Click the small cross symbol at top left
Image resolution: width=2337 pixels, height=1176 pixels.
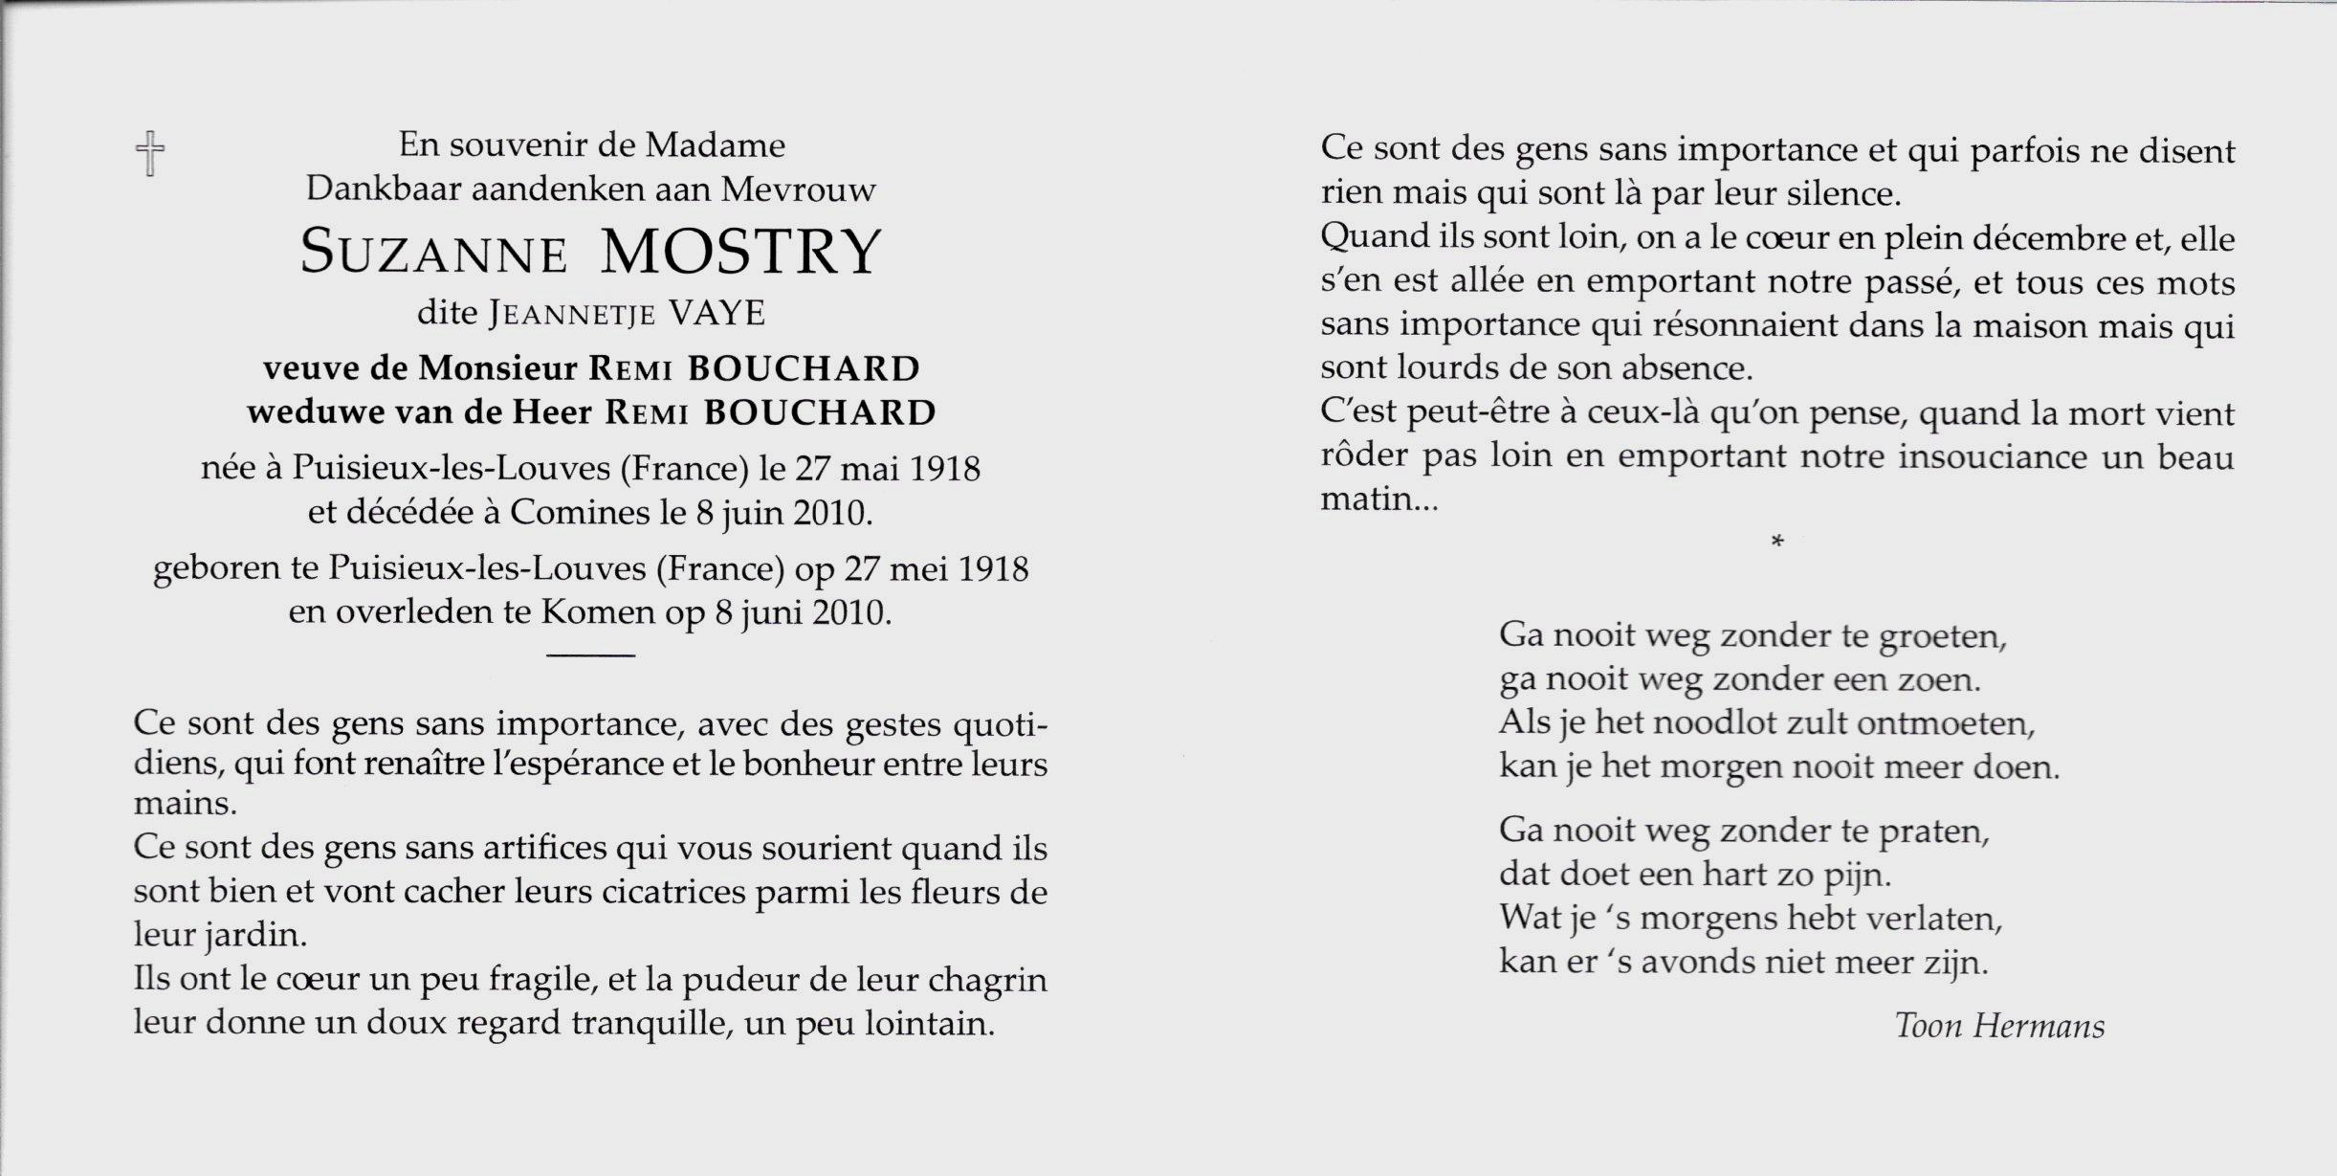click(150, 153)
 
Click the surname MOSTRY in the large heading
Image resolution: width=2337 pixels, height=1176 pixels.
click(739, 253)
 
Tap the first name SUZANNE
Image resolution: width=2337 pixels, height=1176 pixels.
click(434, 255)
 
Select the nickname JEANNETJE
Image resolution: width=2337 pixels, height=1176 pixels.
click(573, 315)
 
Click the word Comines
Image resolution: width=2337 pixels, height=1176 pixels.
click(579, 514)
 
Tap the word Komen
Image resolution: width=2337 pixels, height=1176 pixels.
click(598, 612)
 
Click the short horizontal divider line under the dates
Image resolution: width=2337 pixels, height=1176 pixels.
click(590, 655)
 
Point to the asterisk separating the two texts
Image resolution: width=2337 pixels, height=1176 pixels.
click(1777, 543)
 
